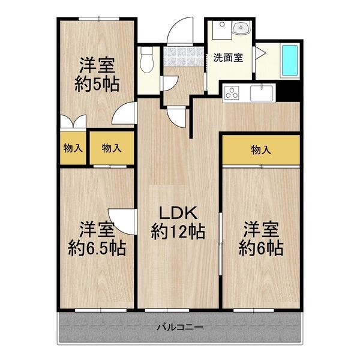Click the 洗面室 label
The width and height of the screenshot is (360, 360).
click(x=228, y=58)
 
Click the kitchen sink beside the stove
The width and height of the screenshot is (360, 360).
click(x=262, y=94)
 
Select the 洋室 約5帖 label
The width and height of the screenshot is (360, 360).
click(x=97, y=73)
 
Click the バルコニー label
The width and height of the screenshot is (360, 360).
click(x=180, y=328)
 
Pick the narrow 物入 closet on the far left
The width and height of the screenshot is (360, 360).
click(x=73, y=148)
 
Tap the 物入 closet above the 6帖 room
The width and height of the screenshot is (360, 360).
click(x=260, y=149)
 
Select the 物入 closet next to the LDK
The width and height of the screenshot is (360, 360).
click(x=111, y=148)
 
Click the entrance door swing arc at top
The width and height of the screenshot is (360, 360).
click(x=179, y=32)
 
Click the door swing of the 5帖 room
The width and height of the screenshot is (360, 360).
click(x=125, y=114)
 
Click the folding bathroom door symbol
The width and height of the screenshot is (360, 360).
click(x=259, y=54)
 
